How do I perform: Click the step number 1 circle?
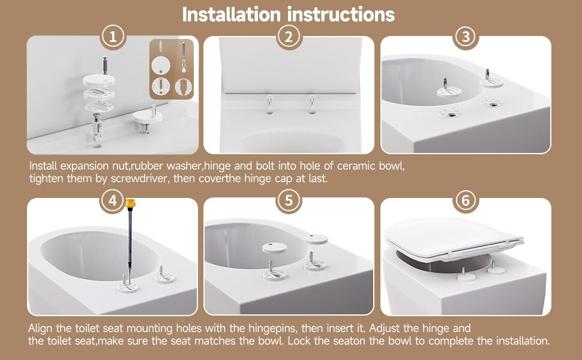113,37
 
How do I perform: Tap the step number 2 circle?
289,37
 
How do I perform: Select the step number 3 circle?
466,37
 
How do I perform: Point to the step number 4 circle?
113,201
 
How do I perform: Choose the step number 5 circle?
289,201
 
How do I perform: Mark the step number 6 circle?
466,201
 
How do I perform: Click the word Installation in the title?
231,15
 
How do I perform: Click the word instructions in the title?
341,15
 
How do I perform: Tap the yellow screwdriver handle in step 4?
130,203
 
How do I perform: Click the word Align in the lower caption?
40,329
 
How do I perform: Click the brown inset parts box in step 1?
172,69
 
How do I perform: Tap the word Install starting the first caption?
43,166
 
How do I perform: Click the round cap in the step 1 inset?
161,65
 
